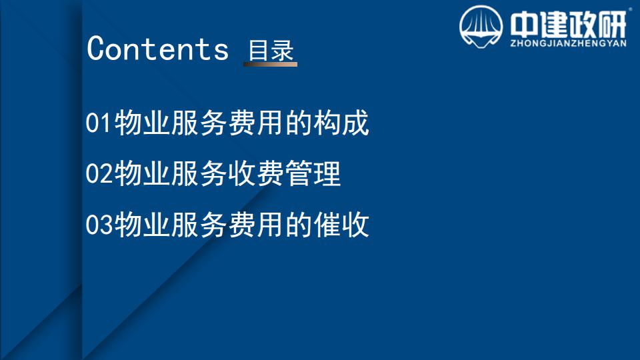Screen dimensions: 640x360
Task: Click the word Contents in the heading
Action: (157, 49)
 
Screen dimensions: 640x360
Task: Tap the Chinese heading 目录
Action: (271, 50)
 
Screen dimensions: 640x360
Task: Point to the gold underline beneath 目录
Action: (270, 64)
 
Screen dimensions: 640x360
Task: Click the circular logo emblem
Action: (481, 27)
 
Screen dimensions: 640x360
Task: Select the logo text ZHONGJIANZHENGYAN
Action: (568, 43)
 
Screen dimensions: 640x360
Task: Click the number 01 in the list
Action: (99, 123)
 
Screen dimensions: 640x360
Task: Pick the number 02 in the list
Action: (99, 173)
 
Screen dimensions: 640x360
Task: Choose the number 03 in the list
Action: (99, 225)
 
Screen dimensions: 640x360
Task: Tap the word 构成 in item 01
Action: (341, 123)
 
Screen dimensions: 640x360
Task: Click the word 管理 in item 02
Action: (313, 173)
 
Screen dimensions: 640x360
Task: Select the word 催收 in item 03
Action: (341, 225)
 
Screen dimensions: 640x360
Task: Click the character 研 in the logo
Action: (612, 25)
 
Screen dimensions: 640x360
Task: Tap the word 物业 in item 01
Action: (142, 123)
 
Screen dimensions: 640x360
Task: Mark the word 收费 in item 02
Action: (256, 173)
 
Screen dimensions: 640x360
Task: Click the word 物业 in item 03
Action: (142, 225)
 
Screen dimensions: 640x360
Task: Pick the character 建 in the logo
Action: (553, 25)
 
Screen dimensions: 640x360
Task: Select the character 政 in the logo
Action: (583, 25)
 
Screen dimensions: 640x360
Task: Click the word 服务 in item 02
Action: (199, 173)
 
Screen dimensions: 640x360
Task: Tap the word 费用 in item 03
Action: (256, 225)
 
